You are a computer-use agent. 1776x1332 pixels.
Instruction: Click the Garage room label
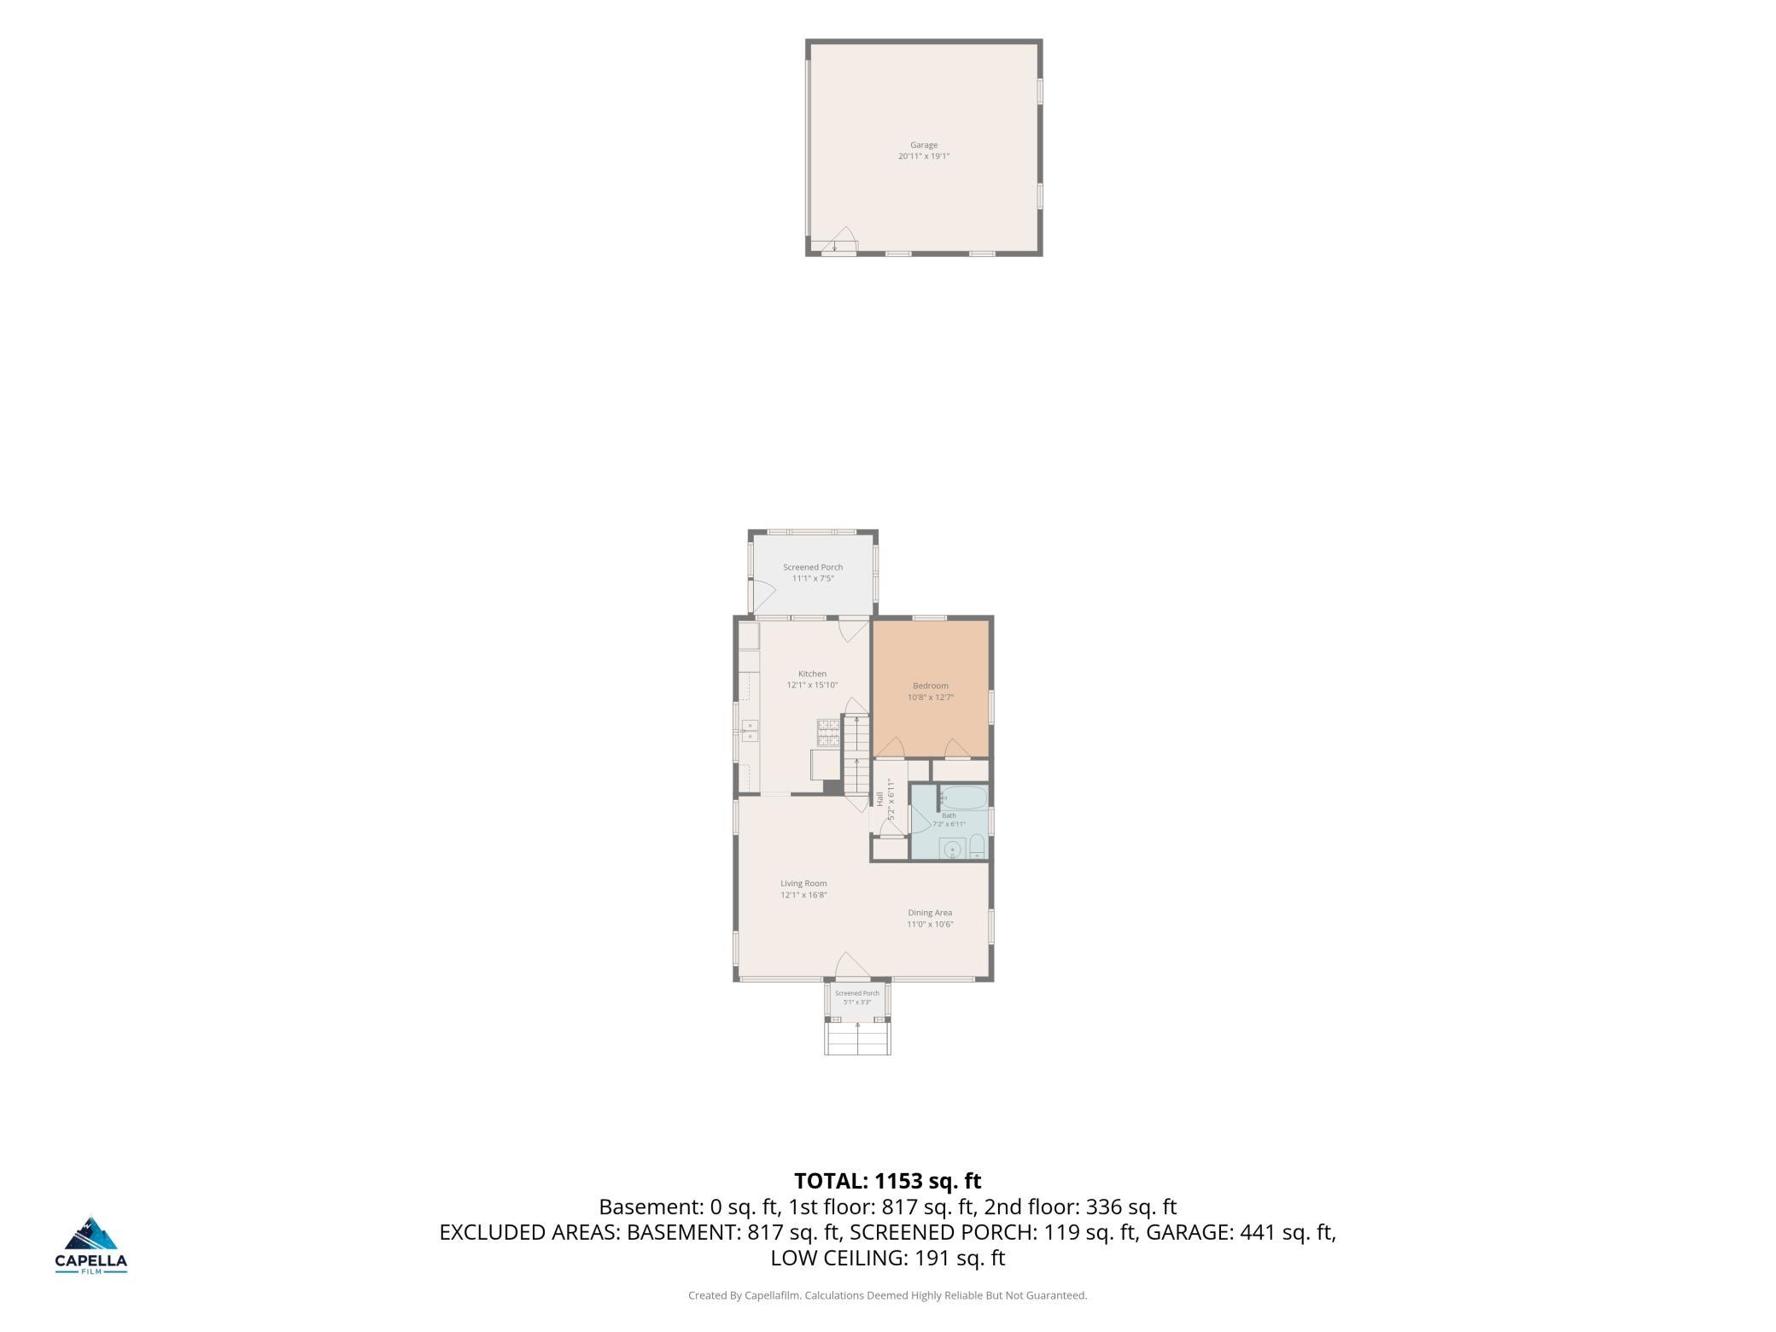click(x=923, y=145)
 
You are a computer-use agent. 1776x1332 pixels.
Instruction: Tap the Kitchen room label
click(x=812, y=674)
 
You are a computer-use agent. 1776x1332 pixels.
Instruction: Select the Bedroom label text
click(x=930, y=686)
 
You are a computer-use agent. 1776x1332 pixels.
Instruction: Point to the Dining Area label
click(x=930, y=913)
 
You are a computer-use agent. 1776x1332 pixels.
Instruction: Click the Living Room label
click(x=803, y=884)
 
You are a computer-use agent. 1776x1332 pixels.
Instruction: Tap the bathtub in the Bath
click(x=964, y=798)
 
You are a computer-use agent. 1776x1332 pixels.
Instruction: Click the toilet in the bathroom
click(x=978, y=848)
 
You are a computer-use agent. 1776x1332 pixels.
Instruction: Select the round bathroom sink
click(x=951, y=850)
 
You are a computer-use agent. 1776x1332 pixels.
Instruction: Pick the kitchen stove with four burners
click(x=828, y=733)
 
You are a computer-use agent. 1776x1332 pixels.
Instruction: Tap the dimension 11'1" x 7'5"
click(x=813, y=578)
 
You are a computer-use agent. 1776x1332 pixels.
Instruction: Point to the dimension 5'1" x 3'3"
click(x=856, y=1002)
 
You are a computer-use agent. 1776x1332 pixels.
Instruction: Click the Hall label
click(x=879, y=799)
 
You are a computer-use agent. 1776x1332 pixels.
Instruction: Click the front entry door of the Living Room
click(x=852, y=965)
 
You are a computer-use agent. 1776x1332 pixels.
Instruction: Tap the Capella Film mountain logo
click(x=91, y=1236)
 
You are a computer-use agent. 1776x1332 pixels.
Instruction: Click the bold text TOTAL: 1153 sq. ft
click(x=888, y=1181)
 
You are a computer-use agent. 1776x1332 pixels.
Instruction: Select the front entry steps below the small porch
click(x=857, y=1038)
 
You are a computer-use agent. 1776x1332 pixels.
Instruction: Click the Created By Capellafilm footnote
click(x=888, y=1295)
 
